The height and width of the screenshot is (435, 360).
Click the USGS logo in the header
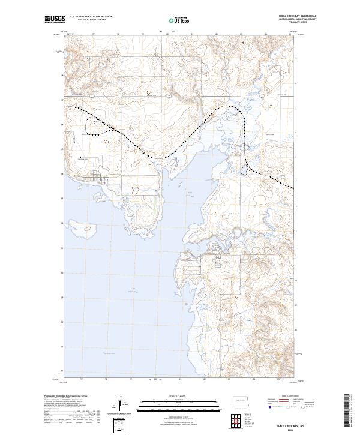(x=53, y=20)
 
